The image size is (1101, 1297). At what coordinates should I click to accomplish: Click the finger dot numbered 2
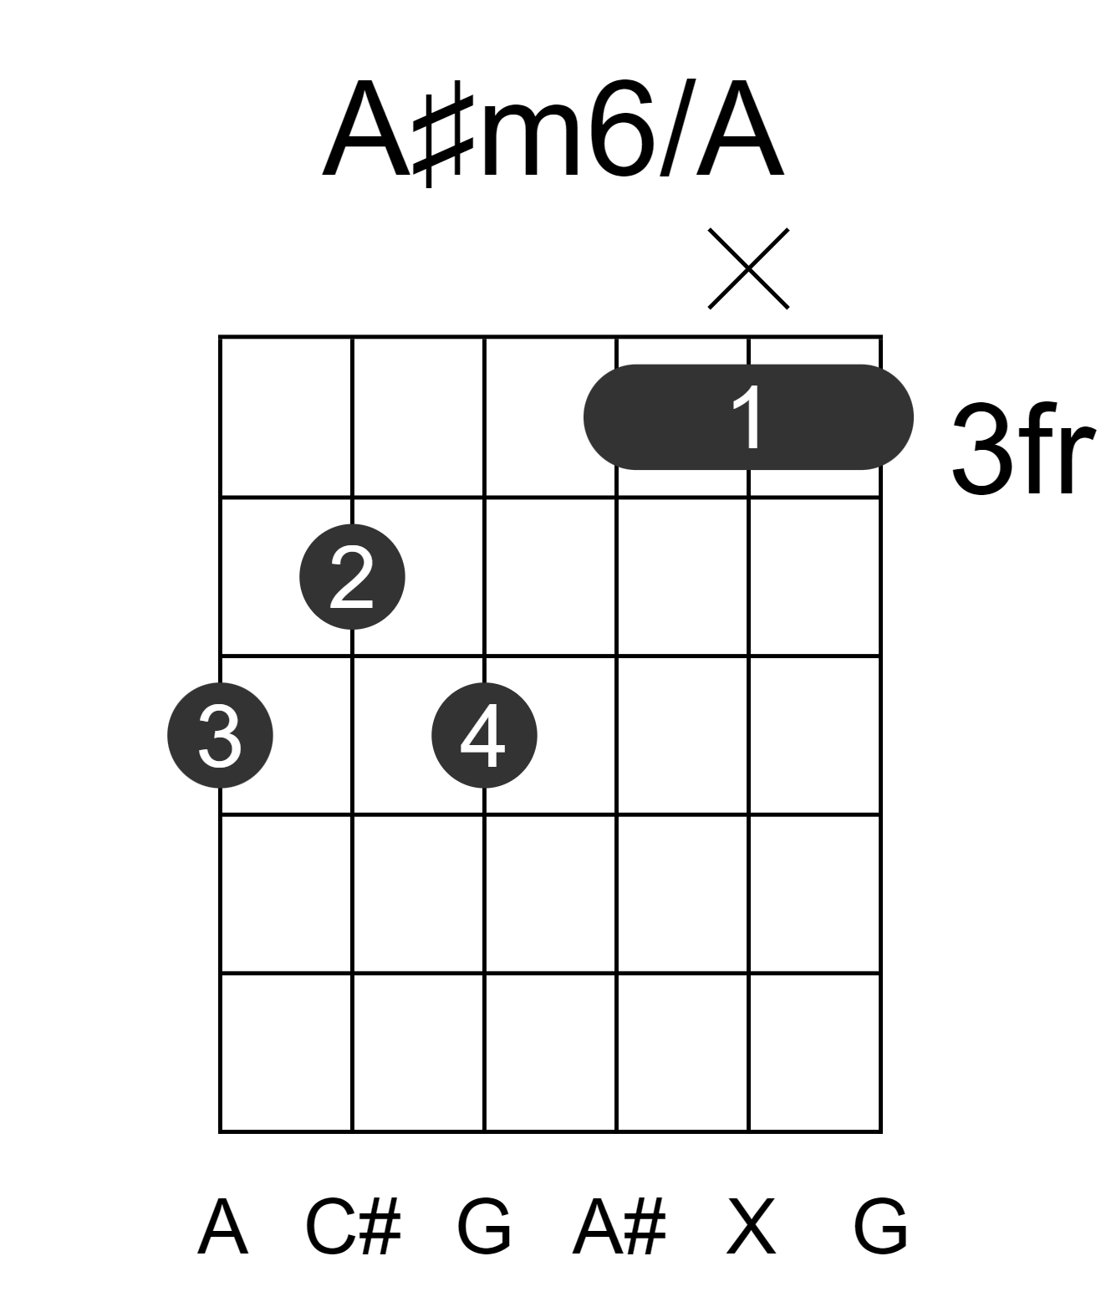click(x=352, y=577)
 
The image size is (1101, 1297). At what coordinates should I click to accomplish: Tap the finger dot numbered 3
click(x=220, y=735)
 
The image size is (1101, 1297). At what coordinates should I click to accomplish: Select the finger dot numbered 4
click(x=484, y=735)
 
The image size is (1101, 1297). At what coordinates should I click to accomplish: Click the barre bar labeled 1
click(x=748, y=418)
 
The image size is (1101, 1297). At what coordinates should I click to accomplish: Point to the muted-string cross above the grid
click(x=748, y=268)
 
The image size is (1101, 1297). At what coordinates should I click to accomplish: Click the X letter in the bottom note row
click(x=751, y=1227)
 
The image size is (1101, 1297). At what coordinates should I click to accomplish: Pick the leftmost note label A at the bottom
click(x=222, y=1227)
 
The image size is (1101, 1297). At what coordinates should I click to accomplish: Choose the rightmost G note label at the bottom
click(x=881, y=1227)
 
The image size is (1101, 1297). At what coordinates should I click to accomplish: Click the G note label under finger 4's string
click(x=484, y=1227)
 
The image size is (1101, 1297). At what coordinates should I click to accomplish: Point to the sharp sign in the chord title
click(x=443, y=134)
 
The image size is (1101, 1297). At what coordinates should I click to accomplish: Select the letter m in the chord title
click(x=529, y=140)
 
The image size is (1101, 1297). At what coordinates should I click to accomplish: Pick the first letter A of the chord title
click(x=367, y=129)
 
